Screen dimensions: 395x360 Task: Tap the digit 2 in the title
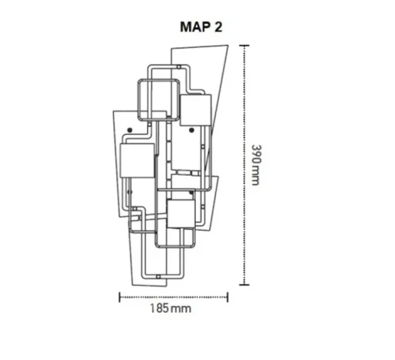[218, 27]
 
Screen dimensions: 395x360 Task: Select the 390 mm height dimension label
[256, 165]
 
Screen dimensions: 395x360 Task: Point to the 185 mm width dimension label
[170, 308]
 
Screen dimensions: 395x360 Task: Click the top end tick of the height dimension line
[244, 46]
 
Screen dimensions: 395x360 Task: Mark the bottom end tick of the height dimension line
[244, 285]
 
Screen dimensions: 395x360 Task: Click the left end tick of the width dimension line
[119, 297]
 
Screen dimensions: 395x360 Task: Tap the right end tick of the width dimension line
[228, 297]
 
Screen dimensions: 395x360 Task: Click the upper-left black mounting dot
[130, 130]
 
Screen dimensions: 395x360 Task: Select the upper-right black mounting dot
[191, 130]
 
